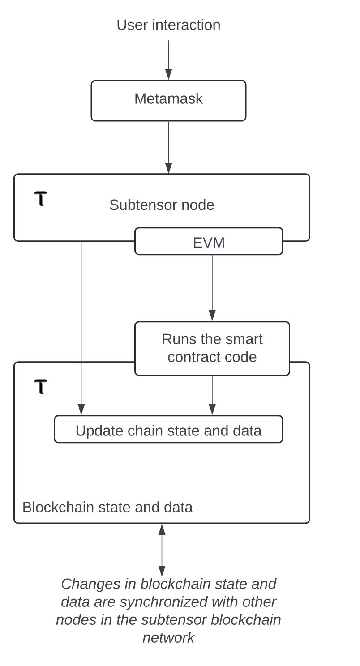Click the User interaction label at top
(x=168, y=25)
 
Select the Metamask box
(x=168, y=100)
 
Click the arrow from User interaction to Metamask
(x=168, y=60)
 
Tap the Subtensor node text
(x=162, y=205)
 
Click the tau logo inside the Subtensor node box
(x=41, y=198)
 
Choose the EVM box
(x=209, y=242)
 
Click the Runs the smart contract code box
(x=212, y=348)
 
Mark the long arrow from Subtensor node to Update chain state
(x=81, y=327)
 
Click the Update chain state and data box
(x=168, y=430)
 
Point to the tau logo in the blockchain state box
(x=41, y=386)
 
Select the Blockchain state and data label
(x=107, y=507)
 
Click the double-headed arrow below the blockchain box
(x=162, y=550)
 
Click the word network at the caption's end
(x=168, y=637)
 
